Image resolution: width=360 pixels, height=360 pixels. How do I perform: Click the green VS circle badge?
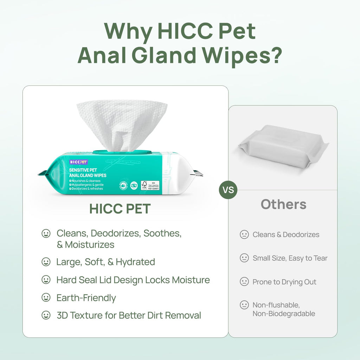coord(228,190)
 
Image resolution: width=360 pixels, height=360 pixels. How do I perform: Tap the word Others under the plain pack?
coord(283,204)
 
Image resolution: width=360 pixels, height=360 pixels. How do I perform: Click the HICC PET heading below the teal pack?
coord(120,208)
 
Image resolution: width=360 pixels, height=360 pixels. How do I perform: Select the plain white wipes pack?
coord(283,146)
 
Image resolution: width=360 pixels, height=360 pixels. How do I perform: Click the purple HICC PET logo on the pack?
coord(78,162)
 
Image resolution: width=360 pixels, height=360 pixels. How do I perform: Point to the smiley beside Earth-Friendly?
coord(46,298)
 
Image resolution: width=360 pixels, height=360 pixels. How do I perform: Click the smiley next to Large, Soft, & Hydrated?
coord(46,262)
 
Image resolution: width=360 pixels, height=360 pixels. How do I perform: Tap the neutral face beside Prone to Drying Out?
coord(244,282)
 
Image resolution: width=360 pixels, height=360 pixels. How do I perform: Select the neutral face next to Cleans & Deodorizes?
coord(244,234)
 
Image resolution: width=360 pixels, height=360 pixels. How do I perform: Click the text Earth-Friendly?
coord(86,298)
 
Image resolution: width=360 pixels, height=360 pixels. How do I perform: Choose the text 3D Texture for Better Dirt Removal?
coord(129,315)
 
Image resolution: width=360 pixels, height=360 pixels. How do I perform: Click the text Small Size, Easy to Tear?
coord(290,258)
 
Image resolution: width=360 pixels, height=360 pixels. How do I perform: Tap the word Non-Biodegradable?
coord(284,314)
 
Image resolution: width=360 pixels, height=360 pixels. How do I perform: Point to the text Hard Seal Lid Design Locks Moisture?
coord(133,280)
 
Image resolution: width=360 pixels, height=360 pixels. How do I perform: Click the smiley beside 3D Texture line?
coord(46,315)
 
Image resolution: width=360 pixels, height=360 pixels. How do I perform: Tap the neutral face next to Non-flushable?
coord(244,305)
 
